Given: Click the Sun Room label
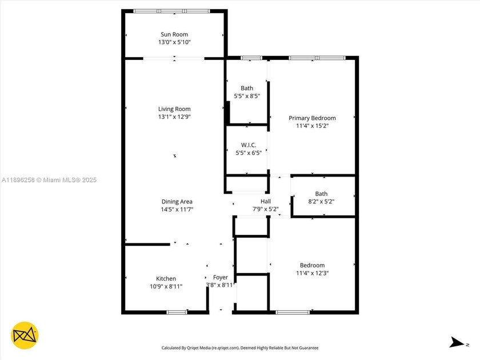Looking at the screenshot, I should [174, 34].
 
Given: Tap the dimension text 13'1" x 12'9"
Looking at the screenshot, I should [174, 117].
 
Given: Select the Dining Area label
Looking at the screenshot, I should [177, 201].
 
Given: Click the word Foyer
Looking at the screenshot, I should [220, 277].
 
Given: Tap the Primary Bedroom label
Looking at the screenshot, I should [312, 118].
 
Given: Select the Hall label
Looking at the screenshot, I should [266, 201].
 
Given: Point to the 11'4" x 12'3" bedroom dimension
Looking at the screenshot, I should [312, 273].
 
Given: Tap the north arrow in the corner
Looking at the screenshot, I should [457, 342].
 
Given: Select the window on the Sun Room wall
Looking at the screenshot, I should [171, 11].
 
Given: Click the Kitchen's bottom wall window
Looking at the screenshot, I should [177, 312].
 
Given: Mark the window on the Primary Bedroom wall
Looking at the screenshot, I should [317, 58].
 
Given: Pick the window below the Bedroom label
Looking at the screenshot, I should [293, 312].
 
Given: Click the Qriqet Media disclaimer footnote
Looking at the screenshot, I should [240, 347].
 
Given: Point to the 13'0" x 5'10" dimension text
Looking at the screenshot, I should [174, 42].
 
